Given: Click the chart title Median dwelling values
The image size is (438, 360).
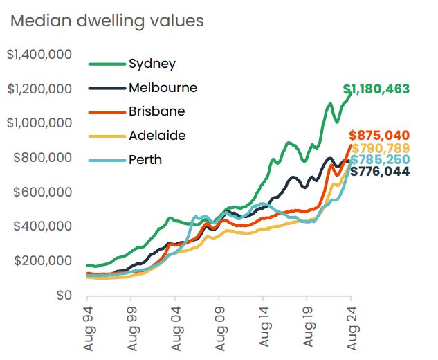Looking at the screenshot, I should [x=107, y=21].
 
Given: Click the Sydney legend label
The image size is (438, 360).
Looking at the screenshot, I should [x=152, y=64].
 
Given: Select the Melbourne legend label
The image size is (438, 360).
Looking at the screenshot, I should [x=163, y=88].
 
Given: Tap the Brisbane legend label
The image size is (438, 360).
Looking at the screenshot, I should [x=156, y=111].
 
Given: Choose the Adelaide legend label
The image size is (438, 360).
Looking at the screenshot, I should [x=157, y=136].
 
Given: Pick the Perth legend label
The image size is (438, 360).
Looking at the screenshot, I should [x=145, y=160].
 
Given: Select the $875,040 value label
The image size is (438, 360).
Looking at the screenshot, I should [x=380, y=136].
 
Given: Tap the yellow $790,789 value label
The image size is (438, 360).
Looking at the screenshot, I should [x=381, y=148].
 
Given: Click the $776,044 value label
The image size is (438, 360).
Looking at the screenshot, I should [x=380, y=172].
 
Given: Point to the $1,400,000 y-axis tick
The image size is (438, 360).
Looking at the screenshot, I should [x=39, y=54].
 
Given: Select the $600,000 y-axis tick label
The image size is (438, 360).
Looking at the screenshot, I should [x=42, y=192].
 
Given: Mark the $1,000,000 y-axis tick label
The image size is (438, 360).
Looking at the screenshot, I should [x=39, y=123].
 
